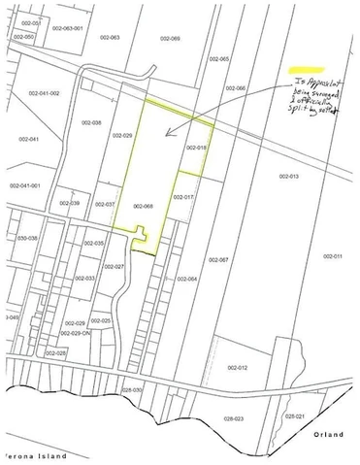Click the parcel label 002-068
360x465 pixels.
[x=143, y=206]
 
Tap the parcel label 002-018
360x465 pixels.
[x=196, y=147]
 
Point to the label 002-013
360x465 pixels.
[x=289, y=177]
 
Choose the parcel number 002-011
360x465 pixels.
[x=333, y=255]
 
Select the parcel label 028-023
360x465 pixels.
[x=233, y=419]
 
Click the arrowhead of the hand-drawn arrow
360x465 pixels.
[x=167, y=133]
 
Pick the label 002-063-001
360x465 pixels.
[x=67, y=28]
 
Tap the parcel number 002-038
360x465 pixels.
[x=92, y=122]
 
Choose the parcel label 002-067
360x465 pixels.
[x=218, y=260]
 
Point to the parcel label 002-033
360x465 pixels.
[x=84, y=278]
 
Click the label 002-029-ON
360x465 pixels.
[x=74, y=332]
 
